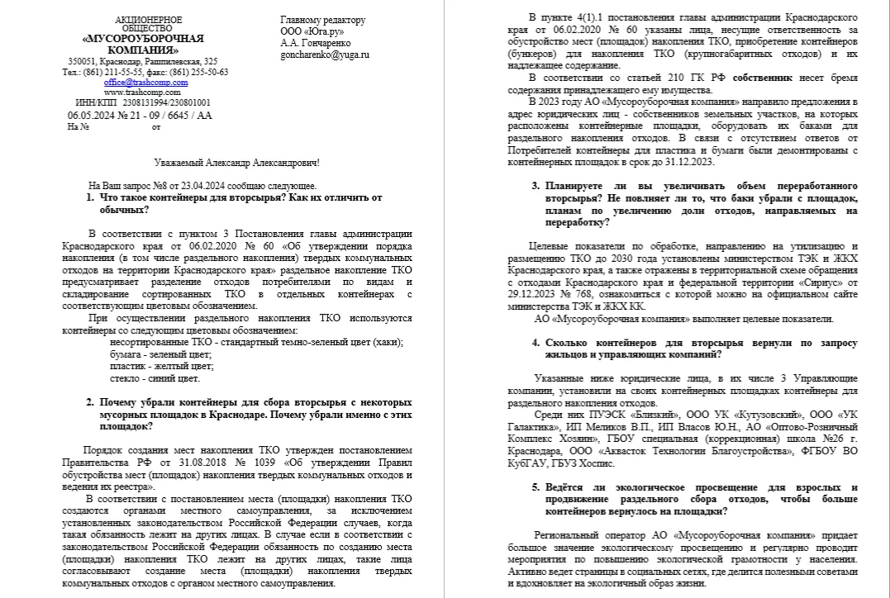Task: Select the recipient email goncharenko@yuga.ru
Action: coord(325,55)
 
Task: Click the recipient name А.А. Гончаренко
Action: coord(316,43)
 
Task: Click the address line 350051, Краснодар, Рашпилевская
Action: coord(143,62)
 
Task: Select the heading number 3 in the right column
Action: coord(535,186)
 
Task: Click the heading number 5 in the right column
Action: coord(535,487)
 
